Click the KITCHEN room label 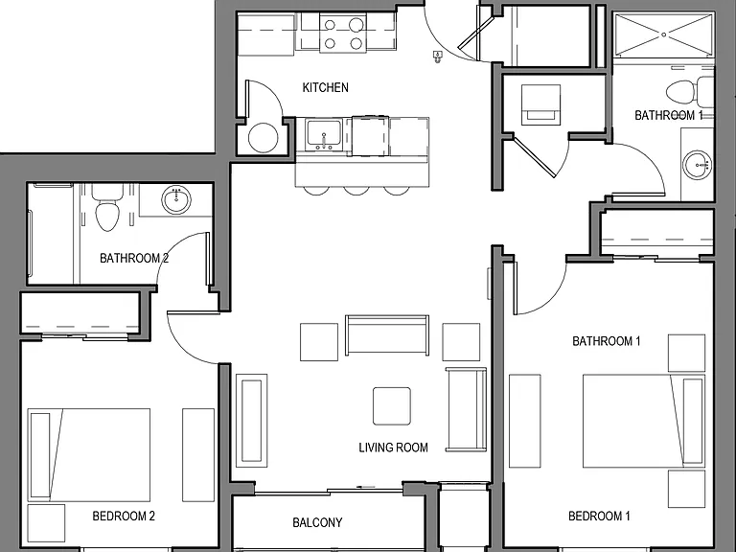[x=325, y=88]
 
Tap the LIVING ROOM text [x=393, y=448]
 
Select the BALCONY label [x=317, y=522]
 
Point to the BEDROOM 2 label [x=124, y=517]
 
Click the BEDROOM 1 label [x=599, y=517]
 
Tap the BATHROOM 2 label [x=134, y=258]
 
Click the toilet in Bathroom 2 [x=107, y=208]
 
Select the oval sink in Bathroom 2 [x=176, y=200]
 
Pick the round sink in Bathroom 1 [x=698, y=165]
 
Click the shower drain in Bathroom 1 [x=664, y=34]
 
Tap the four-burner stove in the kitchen [x=343, y=33]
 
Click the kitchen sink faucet [x=323, y=141]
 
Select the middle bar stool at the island [x=356, y=190]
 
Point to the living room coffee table [x=392, y=406]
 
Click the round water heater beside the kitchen [x=263, y=138]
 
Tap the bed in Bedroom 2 [x=89, y=454]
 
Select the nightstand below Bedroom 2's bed [x=46, y=523]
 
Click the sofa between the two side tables [x=387, y=335]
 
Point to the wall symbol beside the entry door [x=438, y=57]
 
